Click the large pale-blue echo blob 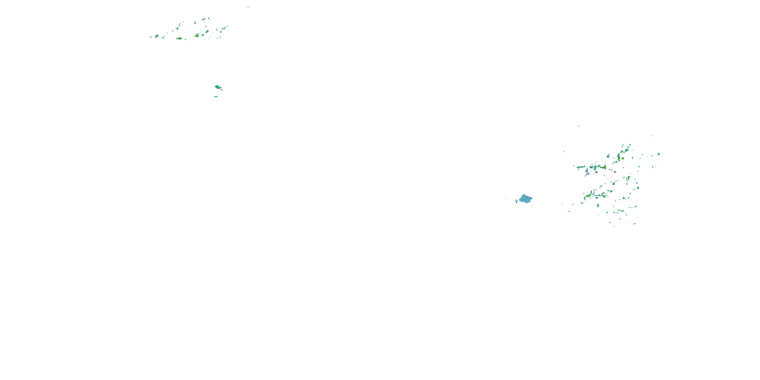coord(525,199)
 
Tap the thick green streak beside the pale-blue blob coord(517,201)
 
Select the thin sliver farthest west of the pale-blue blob coord(506,198)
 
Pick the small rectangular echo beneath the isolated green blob coord(216,97)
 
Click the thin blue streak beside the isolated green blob coord(222,89)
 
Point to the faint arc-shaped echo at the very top coord(248,7)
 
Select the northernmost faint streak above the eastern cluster coord(579,126)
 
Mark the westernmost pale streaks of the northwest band coord(150,37)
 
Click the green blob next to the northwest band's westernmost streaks coord(157,36)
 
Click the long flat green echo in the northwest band coord(179,38)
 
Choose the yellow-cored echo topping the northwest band coord(204,19)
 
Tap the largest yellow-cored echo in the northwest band coord(197,35)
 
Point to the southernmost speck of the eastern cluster coord(614,226)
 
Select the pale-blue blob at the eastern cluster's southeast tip coord(635,224)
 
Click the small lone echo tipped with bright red coord(615,172)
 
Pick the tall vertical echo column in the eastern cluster coord(619,157)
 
